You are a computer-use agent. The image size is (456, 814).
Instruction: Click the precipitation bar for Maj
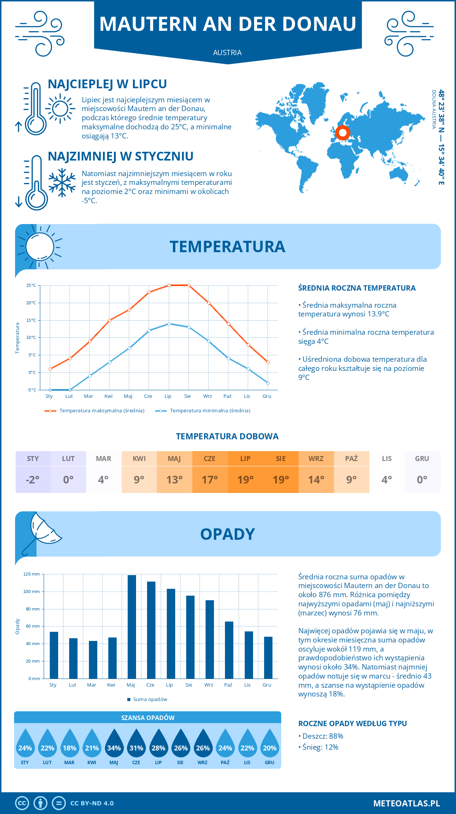pos(132,627)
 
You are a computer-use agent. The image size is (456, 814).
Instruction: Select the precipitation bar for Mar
pos(93,660)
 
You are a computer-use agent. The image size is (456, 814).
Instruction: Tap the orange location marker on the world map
pos(343,133)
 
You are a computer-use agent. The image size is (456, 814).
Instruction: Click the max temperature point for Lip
pos(169,285)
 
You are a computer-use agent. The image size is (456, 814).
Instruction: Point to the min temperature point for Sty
pos(50,390)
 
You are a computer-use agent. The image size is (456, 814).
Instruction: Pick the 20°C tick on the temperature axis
pos(31,303)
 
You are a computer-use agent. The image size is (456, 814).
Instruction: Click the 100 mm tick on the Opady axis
pos(32,591)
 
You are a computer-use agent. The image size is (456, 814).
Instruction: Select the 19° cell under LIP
pos(245,480)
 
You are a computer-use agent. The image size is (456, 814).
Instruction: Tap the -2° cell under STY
pos(33,480)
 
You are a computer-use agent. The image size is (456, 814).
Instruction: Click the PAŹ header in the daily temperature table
pos(351,459)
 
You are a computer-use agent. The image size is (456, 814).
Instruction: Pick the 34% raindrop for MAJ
pos(114,744)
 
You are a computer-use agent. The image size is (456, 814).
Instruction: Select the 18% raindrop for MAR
pos(70,744)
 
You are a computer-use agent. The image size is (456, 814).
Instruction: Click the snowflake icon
pos(62,183)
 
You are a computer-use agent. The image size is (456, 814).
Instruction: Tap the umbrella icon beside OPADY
pos(42,531)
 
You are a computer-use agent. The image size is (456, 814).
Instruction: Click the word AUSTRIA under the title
pos(227,52)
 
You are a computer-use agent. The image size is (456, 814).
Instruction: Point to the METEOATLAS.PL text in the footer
pos(407,803)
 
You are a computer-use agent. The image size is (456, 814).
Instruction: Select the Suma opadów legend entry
pos(150,700)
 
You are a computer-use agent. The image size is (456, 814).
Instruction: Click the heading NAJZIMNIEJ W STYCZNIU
pos(120,156)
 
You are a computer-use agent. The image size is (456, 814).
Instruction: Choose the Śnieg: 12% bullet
pos(320,747)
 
